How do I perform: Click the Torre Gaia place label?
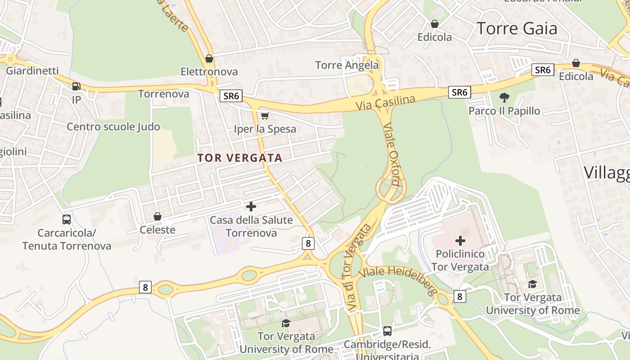pyautogui.click(x=517, y=28)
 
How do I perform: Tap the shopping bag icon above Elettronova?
pyautogui.click(x=209, y=58)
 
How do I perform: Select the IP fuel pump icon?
pyautogui.click(x=76, y=86)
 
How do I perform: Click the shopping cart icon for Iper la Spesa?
pyautogui.click(x=265, y=116)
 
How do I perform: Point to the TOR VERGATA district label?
pyautogui.click(x=239, y=158)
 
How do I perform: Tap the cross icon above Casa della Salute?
pyautogui.click(x=251, y=207)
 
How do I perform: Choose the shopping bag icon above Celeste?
pyautogui.click(x=157, y=216)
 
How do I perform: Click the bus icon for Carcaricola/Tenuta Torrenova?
pyautogui.click(x=67, y=220)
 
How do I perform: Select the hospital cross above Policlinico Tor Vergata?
pyautogui.click(x=460, y=240)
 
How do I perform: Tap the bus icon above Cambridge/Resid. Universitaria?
pyautogui.click(x=387, y=331)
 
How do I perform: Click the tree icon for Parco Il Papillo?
pyautogui.click(x=504, y=97)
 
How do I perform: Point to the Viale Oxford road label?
pyautogui.click(x=391, y=154)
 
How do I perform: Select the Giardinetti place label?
pyautogui.click(x=32, y=71)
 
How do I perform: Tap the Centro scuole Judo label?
pyautogui.click(x=113, y=127)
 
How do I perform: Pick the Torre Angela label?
pyautogui.click(x=347, y=65)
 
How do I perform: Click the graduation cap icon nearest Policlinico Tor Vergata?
pyautogui.click(x=532, y=284)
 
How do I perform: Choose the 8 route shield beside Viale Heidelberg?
pyautogui.click(x=459, y=296)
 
